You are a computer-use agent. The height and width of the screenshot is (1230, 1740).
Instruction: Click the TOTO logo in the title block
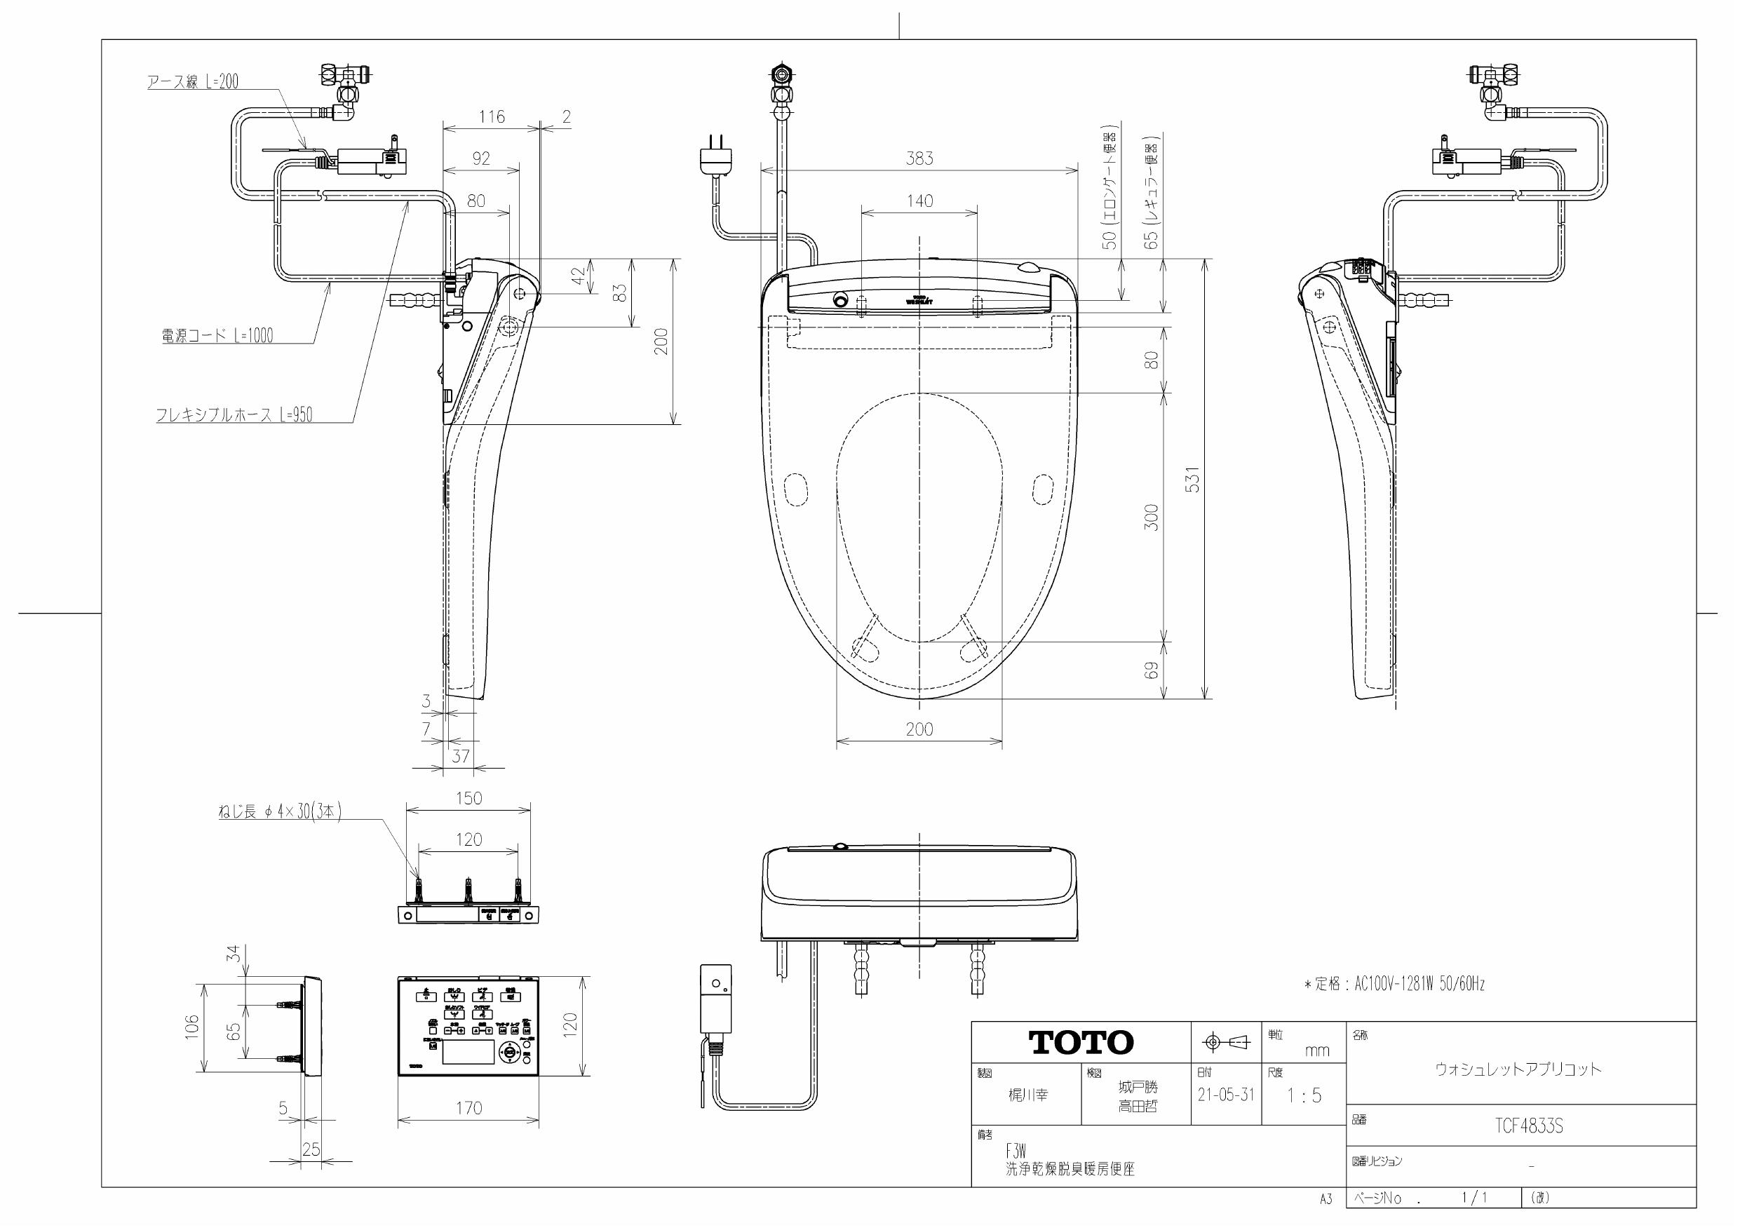pos(1081,1043)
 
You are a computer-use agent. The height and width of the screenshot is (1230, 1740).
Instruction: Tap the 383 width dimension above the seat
pos(919,158)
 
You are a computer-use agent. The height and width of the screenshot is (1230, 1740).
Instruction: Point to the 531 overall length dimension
pos(1193,480)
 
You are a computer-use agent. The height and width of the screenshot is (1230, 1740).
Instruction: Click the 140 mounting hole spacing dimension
pos(919,201)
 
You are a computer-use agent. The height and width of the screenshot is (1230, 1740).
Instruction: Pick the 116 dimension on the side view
pos(491,116)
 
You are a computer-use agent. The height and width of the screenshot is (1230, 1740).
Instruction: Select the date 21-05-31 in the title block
pos(1225,1095)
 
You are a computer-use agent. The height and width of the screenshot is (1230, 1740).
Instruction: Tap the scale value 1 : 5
pos(1304,1095)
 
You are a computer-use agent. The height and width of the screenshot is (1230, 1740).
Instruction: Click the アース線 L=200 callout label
pos(192,82)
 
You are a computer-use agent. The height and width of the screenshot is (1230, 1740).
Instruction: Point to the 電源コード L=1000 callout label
pos(217,336)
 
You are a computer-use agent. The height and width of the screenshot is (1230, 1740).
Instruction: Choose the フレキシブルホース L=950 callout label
pos(234,414)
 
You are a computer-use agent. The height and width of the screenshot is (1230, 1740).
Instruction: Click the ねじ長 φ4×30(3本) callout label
pos(280,811)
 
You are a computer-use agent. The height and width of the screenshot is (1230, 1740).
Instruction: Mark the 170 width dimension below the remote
pos(468,1108)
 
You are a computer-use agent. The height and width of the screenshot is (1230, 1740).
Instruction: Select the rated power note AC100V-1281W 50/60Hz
pos(1394,984)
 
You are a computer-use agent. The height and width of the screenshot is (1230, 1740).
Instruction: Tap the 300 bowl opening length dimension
pos(1150,517)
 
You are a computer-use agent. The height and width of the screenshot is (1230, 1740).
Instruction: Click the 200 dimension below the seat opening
pos(919,729)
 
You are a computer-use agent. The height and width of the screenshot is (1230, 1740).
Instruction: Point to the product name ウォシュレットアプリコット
pos(1518,1069)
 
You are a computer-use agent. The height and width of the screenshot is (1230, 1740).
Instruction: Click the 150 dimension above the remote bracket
pos(468,798)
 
